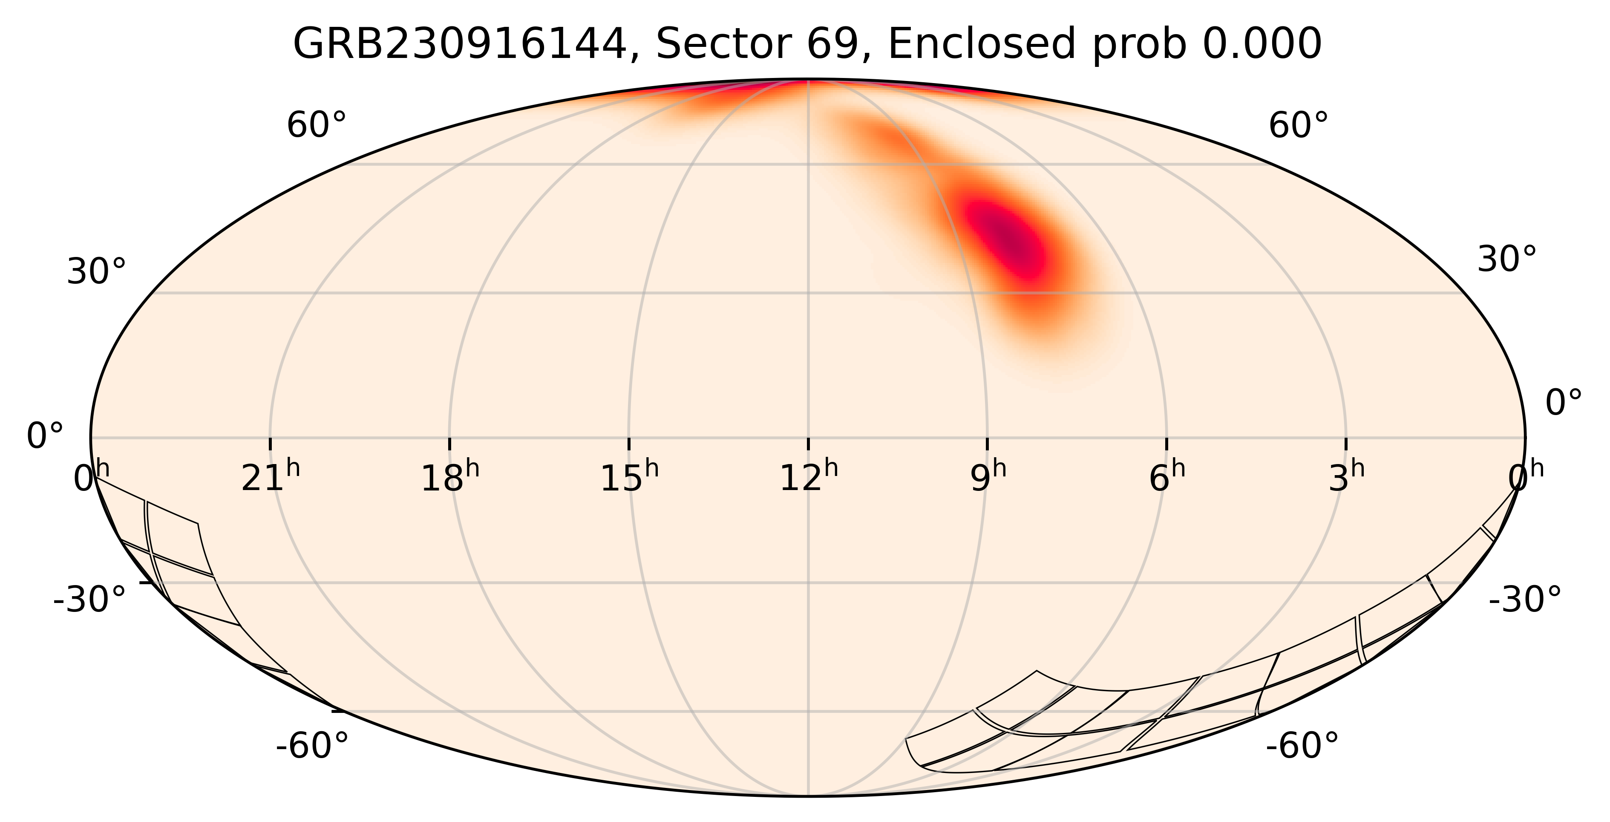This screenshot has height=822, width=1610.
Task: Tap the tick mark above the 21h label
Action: point(270,443)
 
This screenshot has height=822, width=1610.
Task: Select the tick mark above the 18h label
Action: point(449,443)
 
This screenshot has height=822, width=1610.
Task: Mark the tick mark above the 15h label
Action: point(629,443)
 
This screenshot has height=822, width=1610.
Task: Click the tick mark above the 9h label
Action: point(988,443)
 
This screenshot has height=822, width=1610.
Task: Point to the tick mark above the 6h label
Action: point(1167,443)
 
